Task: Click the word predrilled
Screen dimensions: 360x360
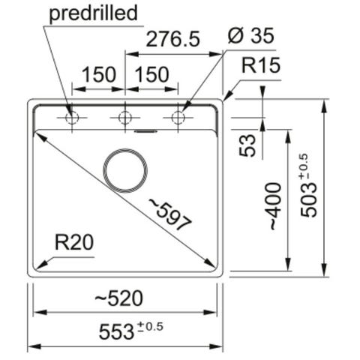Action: tap(94, 13)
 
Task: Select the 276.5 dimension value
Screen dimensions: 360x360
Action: tap(173, 39)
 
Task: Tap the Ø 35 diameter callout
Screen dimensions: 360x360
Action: tap(251, 35)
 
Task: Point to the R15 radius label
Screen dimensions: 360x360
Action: tap(261, 65)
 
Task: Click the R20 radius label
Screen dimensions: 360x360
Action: tap(74, 242)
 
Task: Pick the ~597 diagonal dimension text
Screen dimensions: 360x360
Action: tap(171, 214)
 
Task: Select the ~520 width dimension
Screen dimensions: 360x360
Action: tap(119, 298)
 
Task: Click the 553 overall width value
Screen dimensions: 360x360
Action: tap(116, 331)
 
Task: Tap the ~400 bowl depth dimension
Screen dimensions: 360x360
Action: tap(275, 206)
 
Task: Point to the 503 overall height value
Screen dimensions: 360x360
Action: tap(309, 199)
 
